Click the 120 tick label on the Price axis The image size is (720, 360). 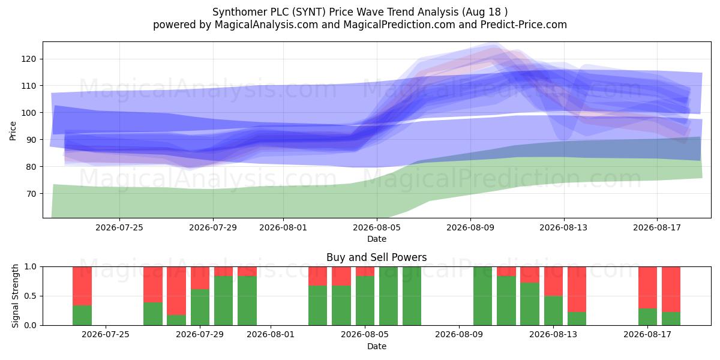(x=29, y=59)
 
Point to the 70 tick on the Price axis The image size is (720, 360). (x=31, y=194)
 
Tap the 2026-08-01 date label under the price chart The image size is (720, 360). (x=283, y=227)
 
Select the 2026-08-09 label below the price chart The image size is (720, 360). (x=470, y=227)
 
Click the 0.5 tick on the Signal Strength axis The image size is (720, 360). (x=30, y=296)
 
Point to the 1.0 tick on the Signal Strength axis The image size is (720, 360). (x=30, y=267)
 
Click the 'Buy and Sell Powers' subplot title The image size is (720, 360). (x=376, y=257)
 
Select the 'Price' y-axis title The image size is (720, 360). (x=13, y=131)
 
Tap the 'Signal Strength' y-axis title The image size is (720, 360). (x=15, y=296)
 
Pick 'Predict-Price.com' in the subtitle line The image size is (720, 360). (x=524, y=25)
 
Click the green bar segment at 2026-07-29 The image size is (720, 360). (x=200, y=307)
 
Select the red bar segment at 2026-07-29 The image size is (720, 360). (x=200, y=278)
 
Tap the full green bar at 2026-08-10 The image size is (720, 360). (x=482, y=296)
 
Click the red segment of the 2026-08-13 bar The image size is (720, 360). (x=553, y=281)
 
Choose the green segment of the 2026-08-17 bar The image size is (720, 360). (x=647, y=317)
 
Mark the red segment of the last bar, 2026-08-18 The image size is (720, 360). (x=671, y=289)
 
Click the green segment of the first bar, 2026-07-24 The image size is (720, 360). (x=82, y=316)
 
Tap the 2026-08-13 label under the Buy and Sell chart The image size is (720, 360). (x=553, y=335)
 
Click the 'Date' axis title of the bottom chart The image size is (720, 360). (x=377, y=347)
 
